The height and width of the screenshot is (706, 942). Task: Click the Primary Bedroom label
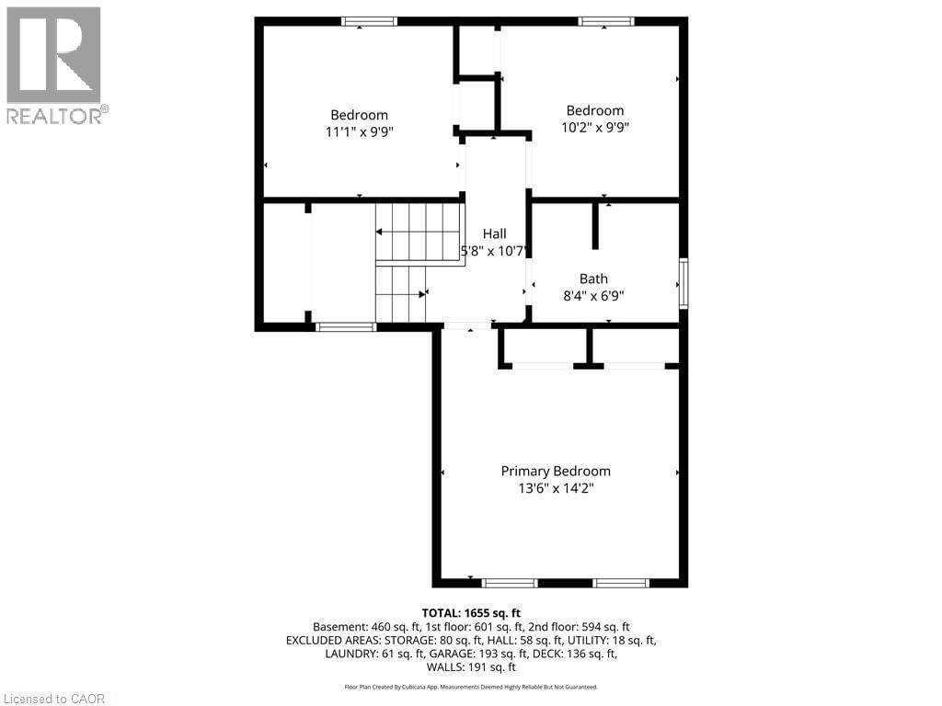click(555, 471)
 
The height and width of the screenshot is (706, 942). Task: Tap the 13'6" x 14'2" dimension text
click(555, 489)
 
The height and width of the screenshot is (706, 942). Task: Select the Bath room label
click(593, 279)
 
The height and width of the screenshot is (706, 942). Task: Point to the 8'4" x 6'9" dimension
click(593, 296)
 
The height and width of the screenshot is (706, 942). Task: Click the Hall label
click(494, 233)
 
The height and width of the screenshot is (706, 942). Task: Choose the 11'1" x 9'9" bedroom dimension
click(359, 131)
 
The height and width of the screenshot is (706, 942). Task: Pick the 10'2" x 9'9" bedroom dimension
click(594, 128)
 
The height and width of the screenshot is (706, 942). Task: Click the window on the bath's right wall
click(683, 282)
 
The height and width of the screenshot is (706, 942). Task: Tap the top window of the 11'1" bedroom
click(369, 21)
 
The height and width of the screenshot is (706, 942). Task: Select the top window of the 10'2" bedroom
click(605, 21)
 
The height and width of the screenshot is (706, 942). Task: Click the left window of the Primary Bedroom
click(510, 583)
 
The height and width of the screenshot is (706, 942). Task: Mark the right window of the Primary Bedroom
click(621, 583)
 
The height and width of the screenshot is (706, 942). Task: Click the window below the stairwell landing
click(345, 326)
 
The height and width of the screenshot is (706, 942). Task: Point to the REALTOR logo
click(54, 65)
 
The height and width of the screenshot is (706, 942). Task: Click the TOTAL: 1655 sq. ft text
click(471, 612)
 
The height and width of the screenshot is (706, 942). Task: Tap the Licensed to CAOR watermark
click(53, 699)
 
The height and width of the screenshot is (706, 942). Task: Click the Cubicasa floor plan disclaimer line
click(471, 687)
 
